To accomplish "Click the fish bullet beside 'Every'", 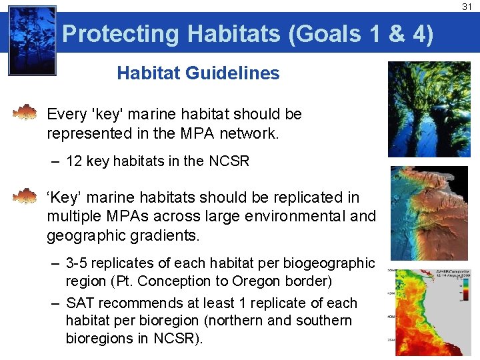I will (x=25, y=112).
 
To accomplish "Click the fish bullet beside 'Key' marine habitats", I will (x=25, y=196).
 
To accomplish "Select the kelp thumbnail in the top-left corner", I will (x=32, y=40).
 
